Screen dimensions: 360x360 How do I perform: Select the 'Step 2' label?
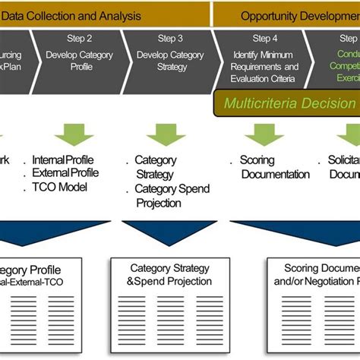tap(79, 38)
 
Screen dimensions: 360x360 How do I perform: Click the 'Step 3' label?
tap(170, 38)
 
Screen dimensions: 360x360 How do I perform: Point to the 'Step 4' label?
tap(265, 38)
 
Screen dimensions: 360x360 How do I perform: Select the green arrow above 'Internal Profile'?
tap(74, 135)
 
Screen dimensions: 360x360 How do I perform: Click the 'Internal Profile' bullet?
tap(64, 160)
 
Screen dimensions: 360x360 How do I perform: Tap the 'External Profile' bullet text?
tap(65, 172)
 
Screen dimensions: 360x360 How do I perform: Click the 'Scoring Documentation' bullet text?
tap(273, 167)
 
